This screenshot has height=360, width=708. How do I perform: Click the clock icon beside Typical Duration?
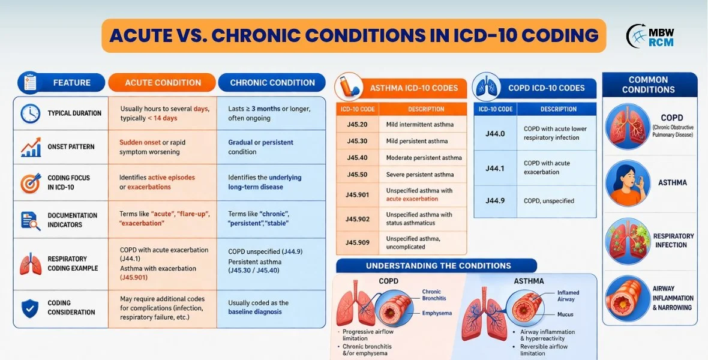tap(30, 113)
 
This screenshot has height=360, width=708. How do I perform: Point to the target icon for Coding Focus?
tap(30, 182)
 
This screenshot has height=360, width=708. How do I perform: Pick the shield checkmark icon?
tap(30, 308)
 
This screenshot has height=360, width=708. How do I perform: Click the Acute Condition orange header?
tap(162, 83)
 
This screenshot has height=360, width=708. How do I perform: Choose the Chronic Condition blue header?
tap(272, 83)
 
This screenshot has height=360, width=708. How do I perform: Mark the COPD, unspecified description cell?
tap(549, 201)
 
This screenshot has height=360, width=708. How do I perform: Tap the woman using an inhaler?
tap(628, 182)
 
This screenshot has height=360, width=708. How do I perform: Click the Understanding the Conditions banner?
tap(436, 266)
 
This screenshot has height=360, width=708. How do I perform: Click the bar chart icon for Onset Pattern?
tap(30, 148)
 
